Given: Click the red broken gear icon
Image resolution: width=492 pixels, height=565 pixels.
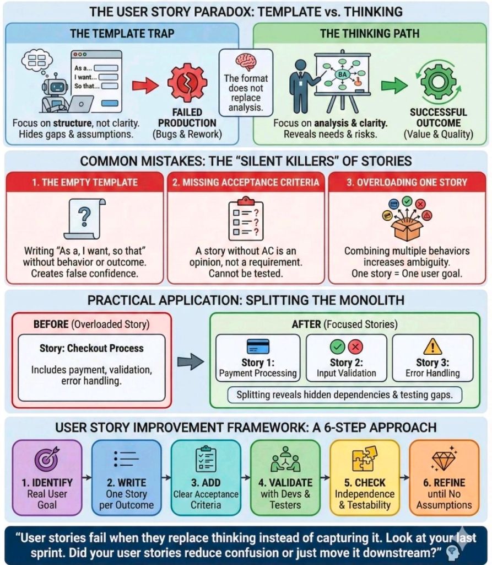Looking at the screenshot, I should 187,83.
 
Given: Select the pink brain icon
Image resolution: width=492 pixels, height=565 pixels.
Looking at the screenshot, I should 246,61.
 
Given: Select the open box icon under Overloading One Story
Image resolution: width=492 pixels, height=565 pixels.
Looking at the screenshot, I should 408,218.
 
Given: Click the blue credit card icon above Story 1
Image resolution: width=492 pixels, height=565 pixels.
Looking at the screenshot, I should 258,347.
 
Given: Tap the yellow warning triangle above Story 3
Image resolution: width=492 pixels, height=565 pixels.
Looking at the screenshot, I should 432,347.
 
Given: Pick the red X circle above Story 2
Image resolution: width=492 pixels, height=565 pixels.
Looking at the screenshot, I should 356,347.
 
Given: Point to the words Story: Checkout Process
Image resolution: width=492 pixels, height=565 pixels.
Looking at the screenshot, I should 91,348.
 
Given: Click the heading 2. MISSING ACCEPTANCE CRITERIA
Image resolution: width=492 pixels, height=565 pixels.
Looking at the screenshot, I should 245,183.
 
